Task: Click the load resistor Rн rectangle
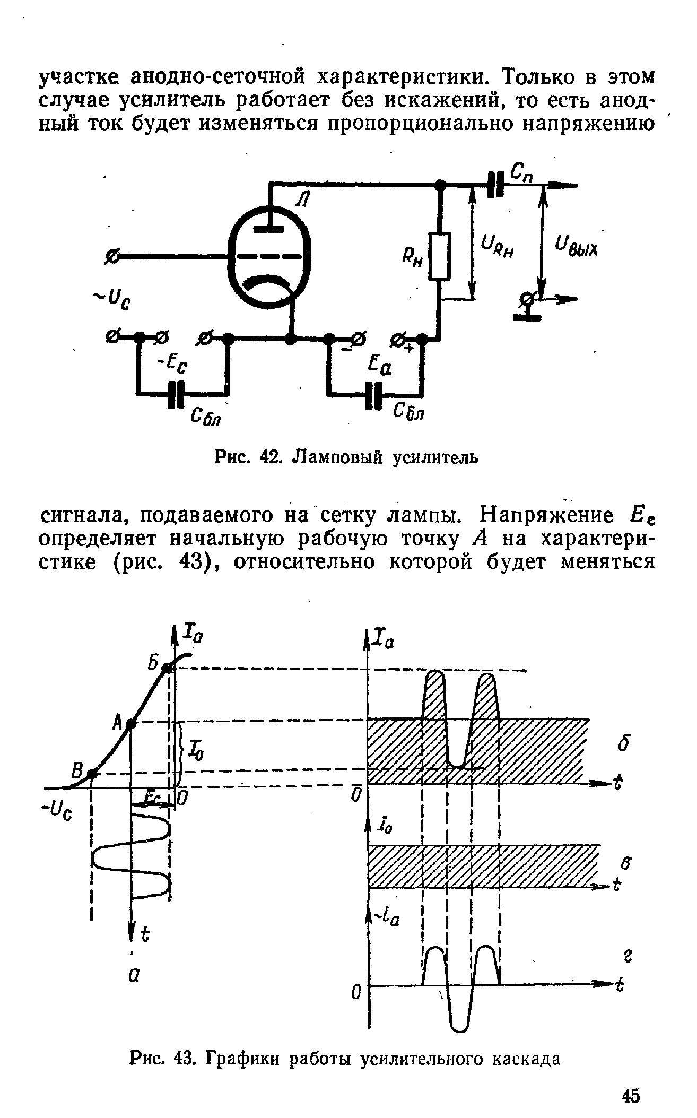[440, 256]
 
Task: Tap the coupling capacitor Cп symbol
[495, 185]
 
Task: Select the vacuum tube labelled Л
[269, 257]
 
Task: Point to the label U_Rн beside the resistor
[498, 247]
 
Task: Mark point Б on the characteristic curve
[168, 668]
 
